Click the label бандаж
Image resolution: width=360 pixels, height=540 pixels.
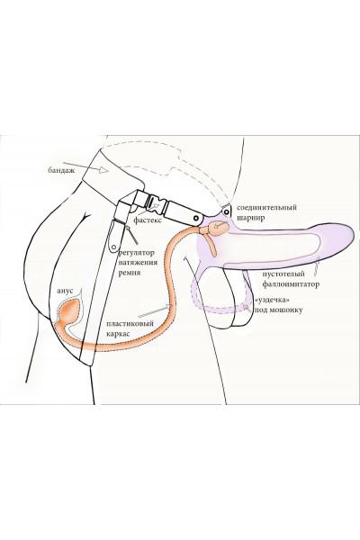[x=61, y=170]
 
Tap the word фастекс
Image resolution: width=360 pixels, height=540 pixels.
[x=147, y=220]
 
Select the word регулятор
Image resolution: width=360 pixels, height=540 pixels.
[x=137, y=253]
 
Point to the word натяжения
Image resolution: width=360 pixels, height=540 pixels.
[x=138, y=263]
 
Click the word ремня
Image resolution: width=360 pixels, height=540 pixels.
[x=130, y=273]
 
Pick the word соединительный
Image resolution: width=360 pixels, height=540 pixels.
[x=266, y=208]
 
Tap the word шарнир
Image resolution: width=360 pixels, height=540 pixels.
[x=250, y=218]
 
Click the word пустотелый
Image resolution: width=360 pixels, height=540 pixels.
[x=283, y=274]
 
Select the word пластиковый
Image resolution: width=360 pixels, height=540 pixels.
[x=130, y=324]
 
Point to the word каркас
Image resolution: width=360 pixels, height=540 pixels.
[x=118, y=334]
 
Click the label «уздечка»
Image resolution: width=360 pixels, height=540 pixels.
[x=270, y=300]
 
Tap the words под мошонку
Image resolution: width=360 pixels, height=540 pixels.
[x=278, y=310]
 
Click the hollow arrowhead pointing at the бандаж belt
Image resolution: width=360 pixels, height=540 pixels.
[x=103, y=169]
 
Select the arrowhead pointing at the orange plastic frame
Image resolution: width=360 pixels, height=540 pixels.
[x=168, y=306]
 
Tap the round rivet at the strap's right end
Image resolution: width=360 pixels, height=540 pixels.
[x=196, y=218]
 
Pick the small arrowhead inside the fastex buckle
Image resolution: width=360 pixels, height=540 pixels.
[x=157, y=205]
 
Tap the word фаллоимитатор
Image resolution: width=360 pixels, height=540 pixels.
[x=291, y=284]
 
